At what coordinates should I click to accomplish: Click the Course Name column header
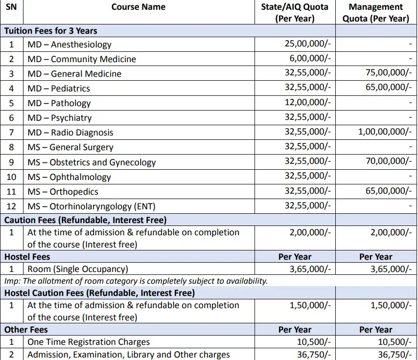[x=139, y=7]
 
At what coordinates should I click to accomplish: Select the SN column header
[x=11, y=7]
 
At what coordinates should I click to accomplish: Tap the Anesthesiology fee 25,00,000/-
[x=307, y=44]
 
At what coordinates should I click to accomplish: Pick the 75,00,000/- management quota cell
[x=389, y=73]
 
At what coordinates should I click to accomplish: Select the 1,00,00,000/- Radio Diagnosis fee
[x=384, y=132]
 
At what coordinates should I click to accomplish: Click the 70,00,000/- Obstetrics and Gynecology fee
[x=389, y=161]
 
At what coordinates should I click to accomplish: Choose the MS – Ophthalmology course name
[x=69, y=177]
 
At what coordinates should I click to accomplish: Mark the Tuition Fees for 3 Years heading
[x=51, y=31]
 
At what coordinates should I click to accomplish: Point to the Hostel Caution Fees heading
[x=99, y=293]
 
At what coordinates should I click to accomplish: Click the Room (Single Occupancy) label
[x=77, y=269]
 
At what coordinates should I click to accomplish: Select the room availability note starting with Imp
[x=136, y=281]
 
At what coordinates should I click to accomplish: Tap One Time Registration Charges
[x=89, y=342]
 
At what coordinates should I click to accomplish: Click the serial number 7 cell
[x=11, y=133]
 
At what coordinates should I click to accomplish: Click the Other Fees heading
[x=26, y=330]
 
